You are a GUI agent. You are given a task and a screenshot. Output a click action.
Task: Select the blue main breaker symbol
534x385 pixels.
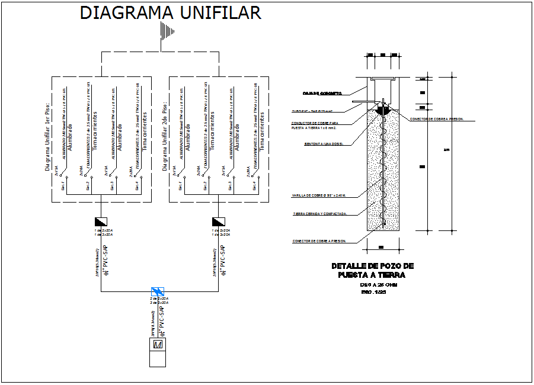point(158,291)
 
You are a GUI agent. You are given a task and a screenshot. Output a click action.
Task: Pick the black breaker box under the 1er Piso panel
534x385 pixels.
point(101,222)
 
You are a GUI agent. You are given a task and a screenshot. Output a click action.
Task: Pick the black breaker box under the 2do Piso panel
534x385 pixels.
point(219,222)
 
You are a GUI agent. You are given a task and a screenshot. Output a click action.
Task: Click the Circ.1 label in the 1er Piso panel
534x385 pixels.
point(63,186)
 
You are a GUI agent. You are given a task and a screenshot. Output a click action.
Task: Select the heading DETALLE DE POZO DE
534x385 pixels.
point(372,267)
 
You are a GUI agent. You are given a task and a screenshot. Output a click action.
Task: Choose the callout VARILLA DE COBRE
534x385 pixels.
point(318,195)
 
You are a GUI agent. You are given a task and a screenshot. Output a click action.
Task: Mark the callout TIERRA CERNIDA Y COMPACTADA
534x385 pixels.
point(319,214)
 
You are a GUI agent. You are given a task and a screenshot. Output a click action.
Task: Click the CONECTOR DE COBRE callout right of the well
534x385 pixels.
point(436,119)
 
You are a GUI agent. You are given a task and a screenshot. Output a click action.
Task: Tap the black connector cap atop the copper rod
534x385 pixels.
point(383,110)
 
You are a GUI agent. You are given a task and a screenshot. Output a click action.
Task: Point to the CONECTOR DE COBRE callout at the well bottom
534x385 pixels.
point(319,241)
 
